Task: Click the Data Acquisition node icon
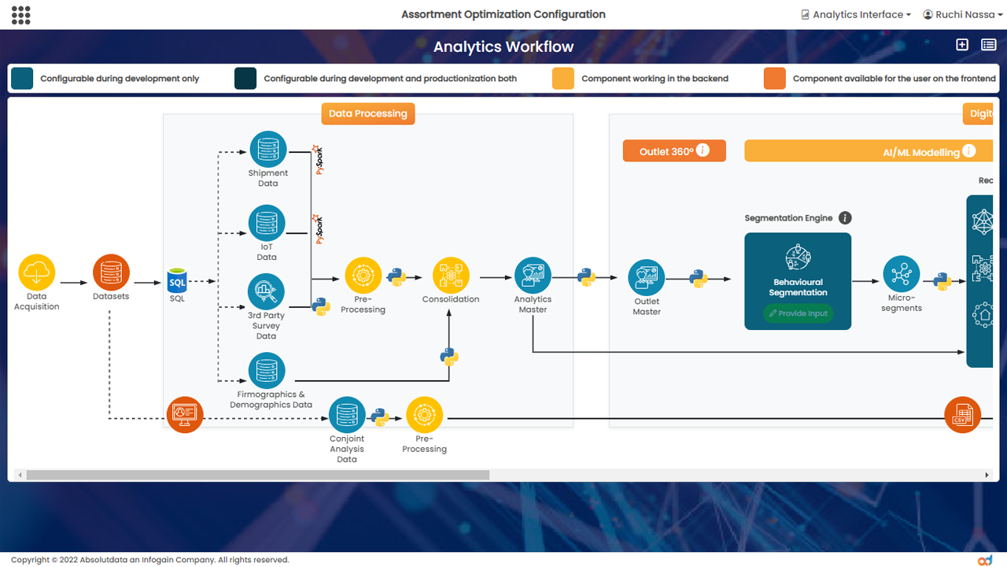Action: point(36,273)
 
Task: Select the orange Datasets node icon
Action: point(111,273)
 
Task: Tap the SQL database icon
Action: point(177,280)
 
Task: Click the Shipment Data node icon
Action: point(267,150)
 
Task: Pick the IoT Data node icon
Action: point(267,224)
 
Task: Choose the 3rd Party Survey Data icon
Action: point(266,292)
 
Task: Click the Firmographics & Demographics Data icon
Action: point(267,371)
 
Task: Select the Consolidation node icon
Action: point(451,276)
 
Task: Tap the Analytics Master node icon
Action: point(533,276)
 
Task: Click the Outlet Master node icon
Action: point(647,278)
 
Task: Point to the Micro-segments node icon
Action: point(901,274)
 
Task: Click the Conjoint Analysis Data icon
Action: point(347,415)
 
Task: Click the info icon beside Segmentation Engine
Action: point(845,218)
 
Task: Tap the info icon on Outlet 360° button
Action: point(703,150)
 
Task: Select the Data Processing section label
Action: point(367,113)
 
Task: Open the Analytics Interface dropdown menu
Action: point(856,14)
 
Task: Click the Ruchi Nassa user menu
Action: point(961,14)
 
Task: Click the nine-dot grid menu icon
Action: point(21,14)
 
